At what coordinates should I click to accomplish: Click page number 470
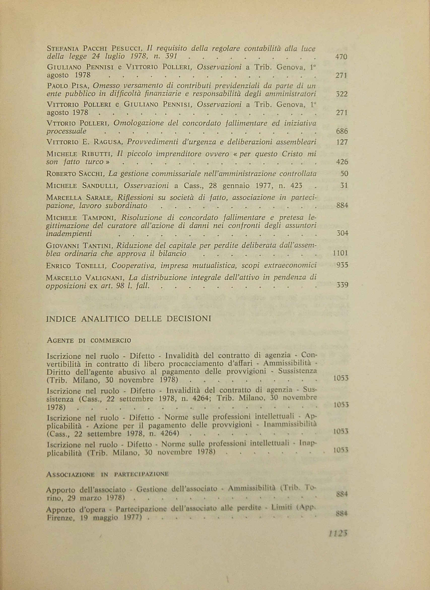point(342,57)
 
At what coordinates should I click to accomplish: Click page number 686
point(342,131)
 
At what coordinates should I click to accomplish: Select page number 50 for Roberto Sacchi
point(344,174)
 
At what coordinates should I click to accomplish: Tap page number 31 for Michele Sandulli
point(344,186)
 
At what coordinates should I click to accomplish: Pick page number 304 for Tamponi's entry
point(342,233)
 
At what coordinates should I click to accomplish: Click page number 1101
point(340,253)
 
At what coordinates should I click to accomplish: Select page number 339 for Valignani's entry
point(342,285)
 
